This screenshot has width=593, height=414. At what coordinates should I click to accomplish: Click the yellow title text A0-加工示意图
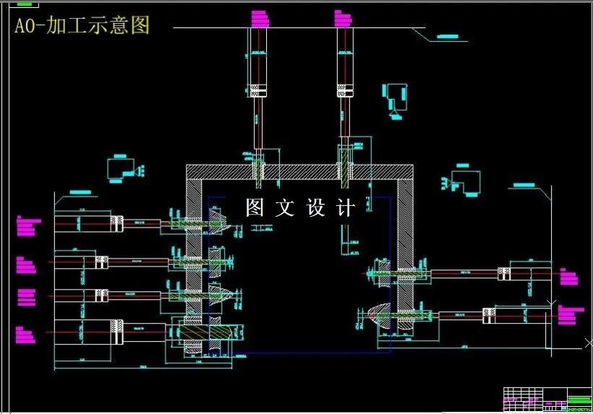click(x=82, y=25)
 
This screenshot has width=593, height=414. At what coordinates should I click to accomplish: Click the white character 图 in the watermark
click(x=255, y=209)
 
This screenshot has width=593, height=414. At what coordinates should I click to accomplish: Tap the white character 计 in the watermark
click(x=347, y=209)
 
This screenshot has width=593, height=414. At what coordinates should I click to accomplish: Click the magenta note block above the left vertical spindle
click(x=258, y=19)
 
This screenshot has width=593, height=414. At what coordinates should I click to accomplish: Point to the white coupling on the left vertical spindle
click(x=257, y=90)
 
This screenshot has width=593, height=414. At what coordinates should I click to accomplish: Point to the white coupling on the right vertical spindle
click(x=346, y=90)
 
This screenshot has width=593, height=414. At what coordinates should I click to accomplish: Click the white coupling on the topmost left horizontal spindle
click(x=118, y=224)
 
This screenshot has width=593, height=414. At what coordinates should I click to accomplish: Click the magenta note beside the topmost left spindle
click(x=25, y=227)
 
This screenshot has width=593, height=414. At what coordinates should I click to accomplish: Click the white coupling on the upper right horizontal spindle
click(x=503, y=273)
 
